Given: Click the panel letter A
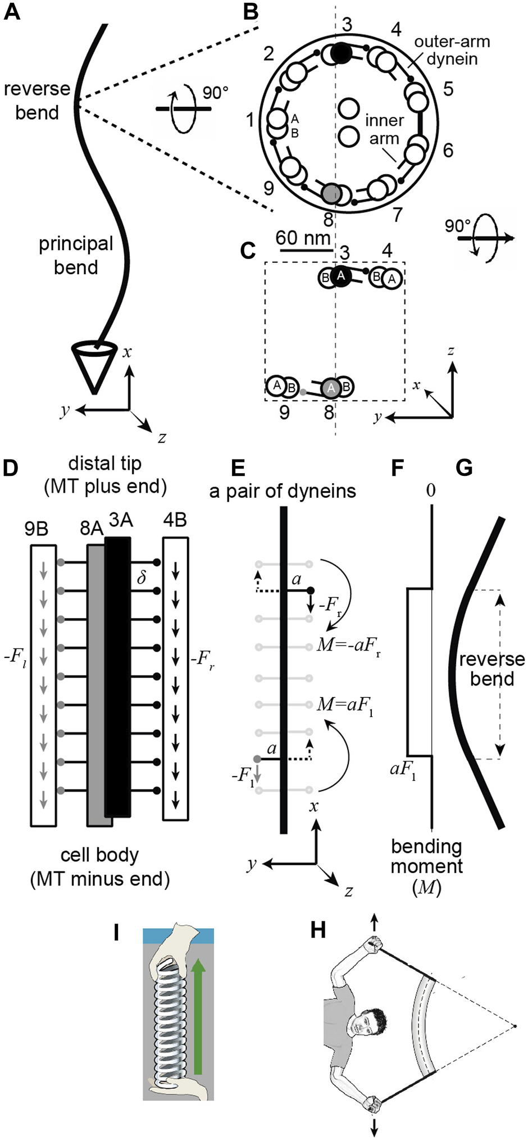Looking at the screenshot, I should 12,12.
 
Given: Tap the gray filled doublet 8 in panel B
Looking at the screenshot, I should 331,193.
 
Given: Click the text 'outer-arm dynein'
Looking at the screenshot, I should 452,50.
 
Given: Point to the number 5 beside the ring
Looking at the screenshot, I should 448,89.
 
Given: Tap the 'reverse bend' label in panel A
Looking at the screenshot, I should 37,101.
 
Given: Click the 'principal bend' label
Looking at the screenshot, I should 76,255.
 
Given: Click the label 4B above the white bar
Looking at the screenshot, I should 175,520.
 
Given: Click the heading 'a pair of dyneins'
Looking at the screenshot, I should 283,491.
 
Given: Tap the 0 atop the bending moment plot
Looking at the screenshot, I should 430,490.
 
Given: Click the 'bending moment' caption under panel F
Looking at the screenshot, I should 426,866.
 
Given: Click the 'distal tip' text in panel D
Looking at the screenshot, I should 105,464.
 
